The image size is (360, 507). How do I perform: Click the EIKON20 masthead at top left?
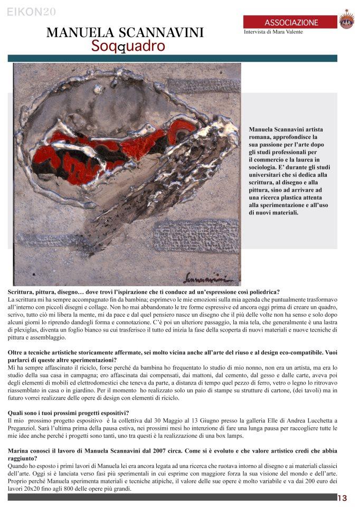(x=32, y=12)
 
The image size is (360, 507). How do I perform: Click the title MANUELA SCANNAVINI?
(x=125, y=33)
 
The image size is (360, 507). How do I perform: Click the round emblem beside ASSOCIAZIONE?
(x=346, y=21)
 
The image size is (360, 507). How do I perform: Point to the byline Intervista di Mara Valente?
(x=273, y=32)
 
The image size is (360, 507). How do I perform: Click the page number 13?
(x=343, y=498)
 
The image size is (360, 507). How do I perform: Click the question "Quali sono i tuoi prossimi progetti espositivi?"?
(x=69, y=412)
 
